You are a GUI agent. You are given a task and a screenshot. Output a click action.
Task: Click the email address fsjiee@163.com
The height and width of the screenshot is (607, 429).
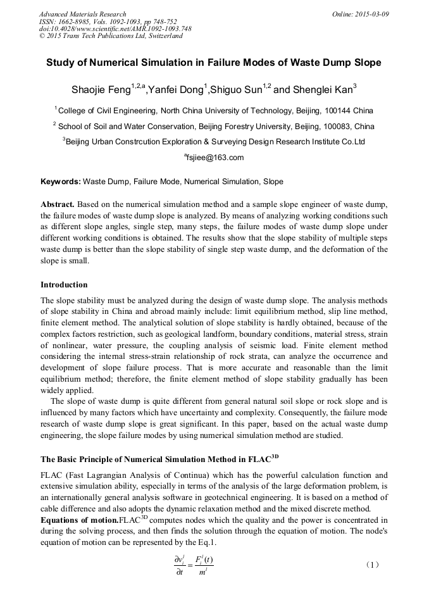(214, 158)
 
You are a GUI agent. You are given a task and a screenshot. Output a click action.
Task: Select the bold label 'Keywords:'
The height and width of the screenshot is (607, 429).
(61, 182)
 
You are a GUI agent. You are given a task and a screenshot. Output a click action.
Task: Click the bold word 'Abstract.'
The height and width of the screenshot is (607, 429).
(58, 204)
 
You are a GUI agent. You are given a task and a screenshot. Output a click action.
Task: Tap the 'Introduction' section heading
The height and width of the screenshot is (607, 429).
(64, 284)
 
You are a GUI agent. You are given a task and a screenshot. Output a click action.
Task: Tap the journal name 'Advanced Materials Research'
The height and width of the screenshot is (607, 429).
(82, 14)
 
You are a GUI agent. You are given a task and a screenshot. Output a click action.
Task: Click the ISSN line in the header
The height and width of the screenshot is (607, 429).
(108, 21)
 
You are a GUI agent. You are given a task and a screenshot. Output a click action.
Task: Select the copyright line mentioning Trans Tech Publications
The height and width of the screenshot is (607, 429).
(111, 36)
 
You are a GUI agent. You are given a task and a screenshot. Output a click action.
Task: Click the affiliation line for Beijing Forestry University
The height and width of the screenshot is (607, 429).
(214, 126)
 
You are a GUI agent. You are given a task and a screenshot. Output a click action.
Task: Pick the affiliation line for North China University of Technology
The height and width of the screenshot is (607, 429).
(214, 111)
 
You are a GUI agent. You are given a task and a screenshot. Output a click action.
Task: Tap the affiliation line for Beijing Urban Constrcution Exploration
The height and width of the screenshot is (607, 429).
(214, 142)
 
